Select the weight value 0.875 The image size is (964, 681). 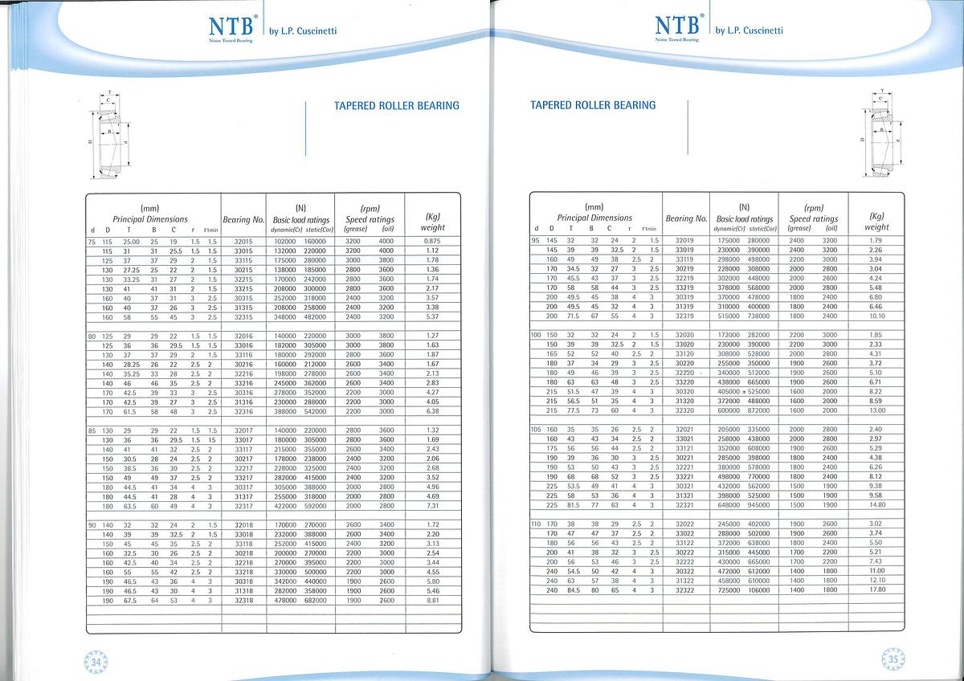pyautogui.click(x=432, y=241)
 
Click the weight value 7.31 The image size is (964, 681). pyautogui.click(x=432, y=506)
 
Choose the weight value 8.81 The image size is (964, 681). pyautogui.click(x=432, y=600)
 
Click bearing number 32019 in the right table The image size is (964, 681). pyautogui.click(x=684, y=240)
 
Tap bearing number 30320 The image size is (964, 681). pyautogui.click(x=684, y=391)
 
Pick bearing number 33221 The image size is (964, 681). pyautogui.click(x=684, y=476)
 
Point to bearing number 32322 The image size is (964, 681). pyautogui.click(x=684, y=589)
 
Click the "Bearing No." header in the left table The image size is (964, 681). pyautogui.click(x=243, y=219)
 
